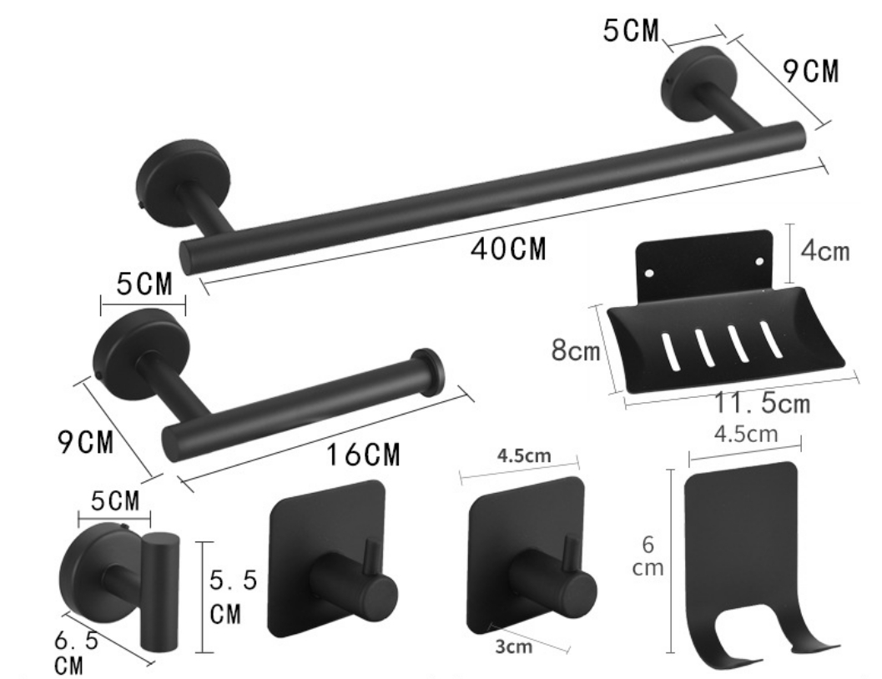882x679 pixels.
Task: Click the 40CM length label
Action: pyautogui.click(x=508, y=249)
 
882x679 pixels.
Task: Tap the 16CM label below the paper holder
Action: pyautogui.click(x=363, y=454)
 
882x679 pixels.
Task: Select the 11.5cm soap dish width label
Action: pyautogui.click(x=763, y=403)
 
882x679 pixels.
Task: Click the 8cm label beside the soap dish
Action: pyautogui.click(x=576, y=350)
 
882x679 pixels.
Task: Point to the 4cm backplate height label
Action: pyautogui.click(x=825, y=250)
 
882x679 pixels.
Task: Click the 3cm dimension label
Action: pyautogui.click(x=513, y=646)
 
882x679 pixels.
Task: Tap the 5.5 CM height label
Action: pyautogui.click(x=233, y=597)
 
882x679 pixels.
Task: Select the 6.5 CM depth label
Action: pyautogui.click(x=76, y=652)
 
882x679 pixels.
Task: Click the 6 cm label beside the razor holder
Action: pyautogui.click(x=648, y=556)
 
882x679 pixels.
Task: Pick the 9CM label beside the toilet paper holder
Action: pyautogui.click(x=85, y=441)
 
